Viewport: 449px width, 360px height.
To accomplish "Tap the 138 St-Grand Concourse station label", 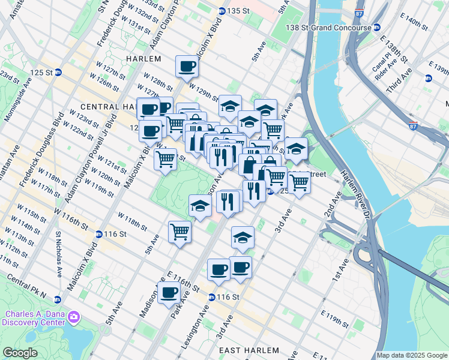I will point(330,28).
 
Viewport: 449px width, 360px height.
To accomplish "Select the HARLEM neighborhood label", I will point(143,59).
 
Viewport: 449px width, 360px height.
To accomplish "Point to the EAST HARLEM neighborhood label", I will point(249,350).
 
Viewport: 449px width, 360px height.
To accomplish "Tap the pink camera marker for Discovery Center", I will point(74,316).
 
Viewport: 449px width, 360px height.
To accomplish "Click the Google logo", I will point(20,353).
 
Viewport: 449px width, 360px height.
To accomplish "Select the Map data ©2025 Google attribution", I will point(412,355).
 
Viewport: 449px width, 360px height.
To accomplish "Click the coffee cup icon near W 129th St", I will point(187,66).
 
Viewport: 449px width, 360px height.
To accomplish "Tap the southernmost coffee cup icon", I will point(169,292).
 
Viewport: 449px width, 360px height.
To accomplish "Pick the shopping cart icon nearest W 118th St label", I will point(179,231).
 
